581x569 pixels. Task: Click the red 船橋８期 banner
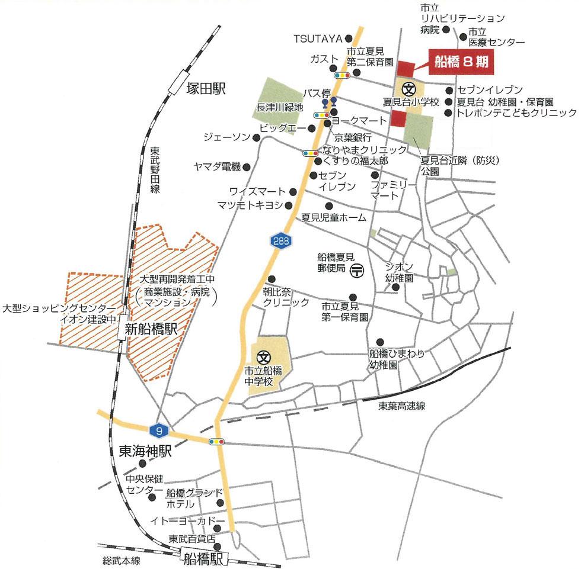click(460, 62)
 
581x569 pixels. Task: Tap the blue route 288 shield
click(280, 240)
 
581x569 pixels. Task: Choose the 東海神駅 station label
click(145, 452)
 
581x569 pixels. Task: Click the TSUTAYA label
click(318, 38)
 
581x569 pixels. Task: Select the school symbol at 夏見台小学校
click(408, 89)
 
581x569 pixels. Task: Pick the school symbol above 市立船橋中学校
click(264, 357)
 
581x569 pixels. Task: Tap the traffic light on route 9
click(216, 441)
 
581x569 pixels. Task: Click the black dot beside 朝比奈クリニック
click(272, 279)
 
